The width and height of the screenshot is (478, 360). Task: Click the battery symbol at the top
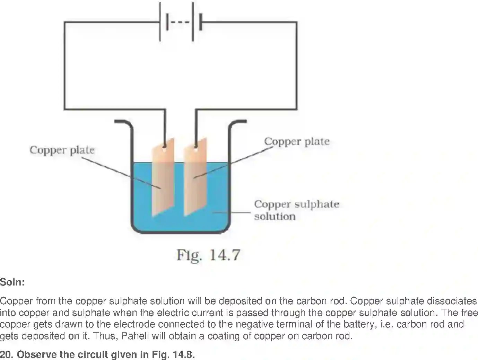tap(180, 22)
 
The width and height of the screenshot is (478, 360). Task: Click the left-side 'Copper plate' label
tap(62, 150)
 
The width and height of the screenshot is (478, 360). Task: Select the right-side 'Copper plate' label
tap(297, 141)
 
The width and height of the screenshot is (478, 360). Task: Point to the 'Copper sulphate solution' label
tap(296, 210)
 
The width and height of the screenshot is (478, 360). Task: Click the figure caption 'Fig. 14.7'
tap(208, 255)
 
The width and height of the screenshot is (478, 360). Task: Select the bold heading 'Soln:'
tap(12, 282)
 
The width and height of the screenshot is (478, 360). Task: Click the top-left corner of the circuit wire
tap(64, 23)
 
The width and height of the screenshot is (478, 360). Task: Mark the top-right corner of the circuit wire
tap(297, 23)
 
